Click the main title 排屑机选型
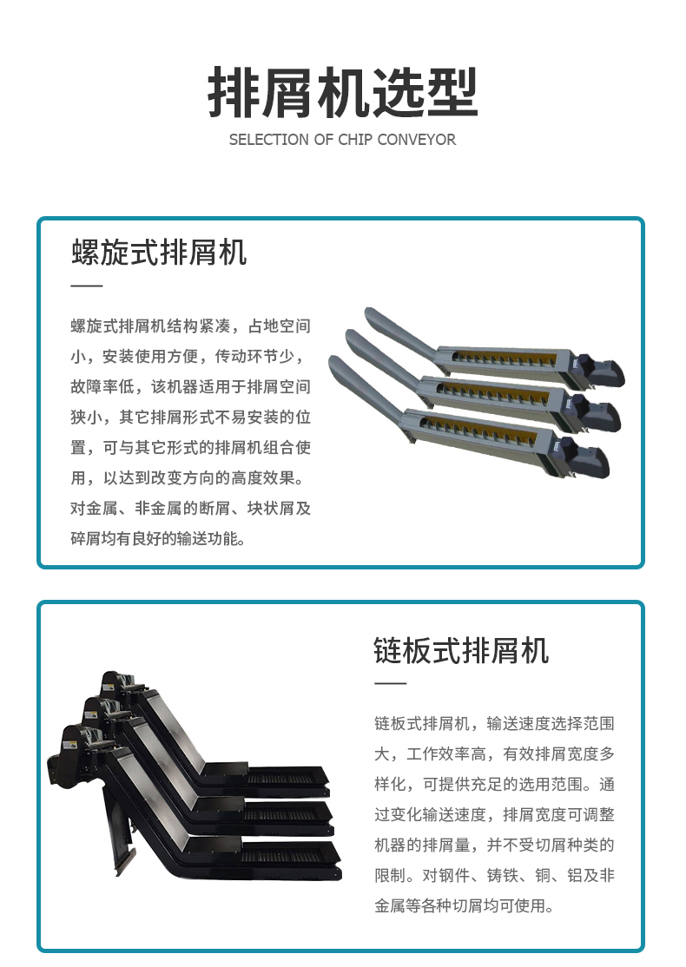[342, 93]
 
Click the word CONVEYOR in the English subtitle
[417, 140]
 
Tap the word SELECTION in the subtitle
[269, 140]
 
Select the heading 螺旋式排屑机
[159, 253]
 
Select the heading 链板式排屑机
[461, 651]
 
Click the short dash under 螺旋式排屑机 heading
[86, 286]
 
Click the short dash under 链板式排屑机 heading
[390, 683]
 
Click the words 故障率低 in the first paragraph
[102, 386]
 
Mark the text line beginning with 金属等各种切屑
[464, 906]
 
